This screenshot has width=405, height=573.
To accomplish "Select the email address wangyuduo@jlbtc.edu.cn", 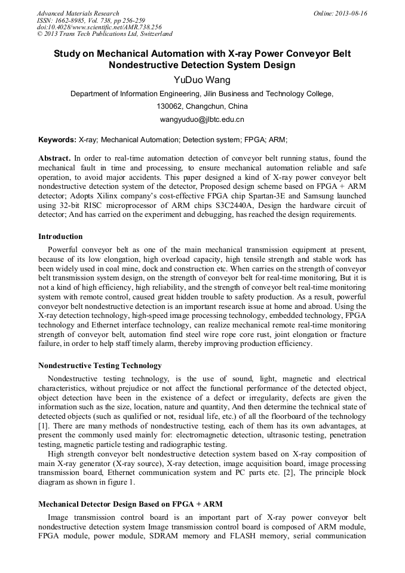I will click(x=202, y=119).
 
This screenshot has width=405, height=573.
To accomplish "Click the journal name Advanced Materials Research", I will click(x=78, y=13).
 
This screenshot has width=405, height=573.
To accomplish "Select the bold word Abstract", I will click(x=54, y=158).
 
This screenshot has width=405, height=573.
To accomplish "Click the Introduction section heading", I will click(x=60, y=237).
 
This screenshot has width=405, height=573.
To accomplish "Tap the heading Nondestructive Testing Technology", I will click(x=100, y=365).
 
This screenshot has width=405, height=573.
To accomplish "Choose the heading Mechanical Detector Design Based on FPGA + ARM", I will click(x=130, y=504).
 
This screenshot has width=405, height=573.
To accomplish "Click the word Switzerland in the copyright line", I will click(x=155, y=34).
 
